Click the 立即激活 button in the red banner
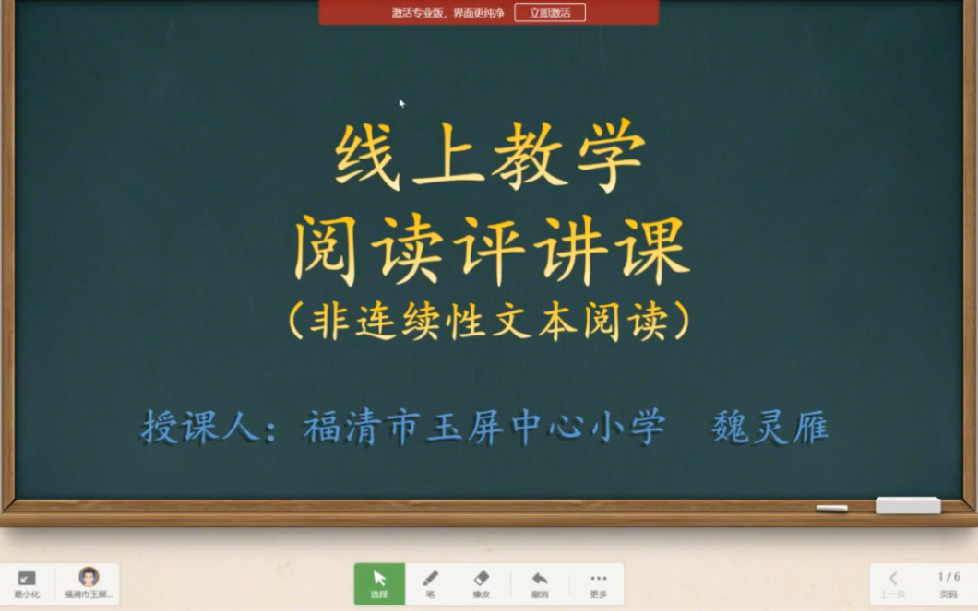click(550, 13)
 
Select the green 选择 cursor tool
click(379, 583)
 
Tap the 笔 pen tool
click(430, 583)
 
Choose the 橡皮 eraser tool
click(481, 583)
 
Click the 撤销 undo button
click(540, 583)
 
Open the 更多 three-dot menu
click(598, 583)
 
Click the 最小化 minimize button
click(27, 583)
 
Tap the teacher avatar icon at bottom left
click(89, 578)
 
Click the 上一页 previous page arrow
click(892, 583)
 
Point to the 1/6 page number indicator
click(948, 577)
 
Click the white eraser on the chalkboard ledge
click(907, 505)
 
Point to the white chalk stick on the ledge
click(831, 508)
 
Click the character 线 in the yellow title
click(367, 157)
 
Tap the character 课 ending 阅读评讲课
click(654, 249)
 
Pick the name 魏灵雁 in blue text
click(769, 427)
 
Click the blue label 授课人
click(200, 427)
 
